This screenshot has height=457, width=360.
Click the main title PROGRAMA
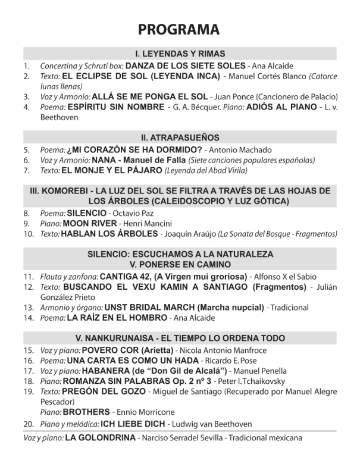[x=180, y=29]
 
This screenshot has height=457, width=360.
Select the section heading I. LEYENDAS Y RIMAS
[x=180, y=54]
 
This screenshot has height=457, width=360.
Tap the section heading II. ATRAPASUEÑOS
[x=180, y=137]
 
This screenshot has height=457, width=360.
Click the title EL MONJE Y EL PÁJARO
[x=111, y=171]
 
